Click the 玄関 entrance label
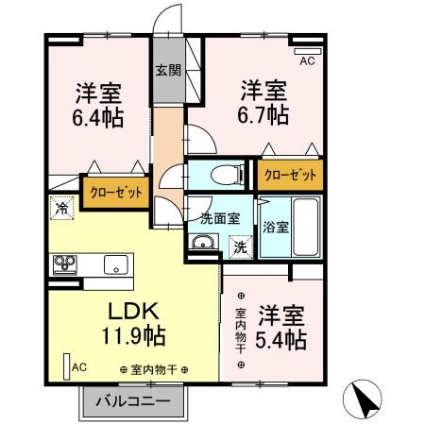point(168,70)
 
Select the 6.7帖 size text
point(263,115)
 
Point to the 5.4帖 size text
point(281,338)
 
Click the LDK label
point(131,312)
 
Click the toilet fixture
point(219,175)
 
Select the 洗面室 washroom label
point(219,217)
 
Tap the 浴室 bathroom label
point(275,227)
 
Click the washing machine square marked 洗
point(239,246)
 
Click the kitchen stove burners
point(66,263)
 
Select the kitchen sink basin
point(114,264)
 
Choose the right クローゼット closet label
point(290,174)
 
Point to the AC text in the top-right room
point(307,62)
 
